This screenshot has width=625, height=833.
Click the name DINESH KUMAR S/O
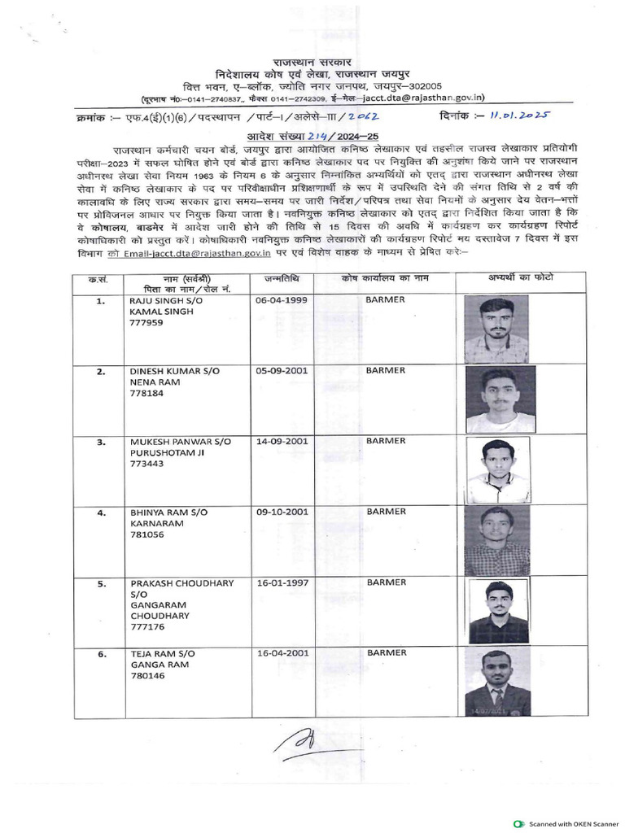coord(175,370)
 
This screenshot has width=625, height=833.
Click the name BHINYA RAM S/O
coord(173,513)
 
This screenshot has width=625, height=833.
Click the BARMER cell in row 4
coord(385,512)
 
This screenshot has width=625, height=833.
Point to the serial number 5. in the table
coord(101,583)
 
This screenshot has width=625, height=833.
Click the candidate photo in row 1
coord(496,328)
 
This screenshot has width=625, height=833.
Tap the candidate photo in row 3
coord(498,471)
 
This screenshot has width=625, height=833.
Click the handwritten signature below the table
coord(303,742)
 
